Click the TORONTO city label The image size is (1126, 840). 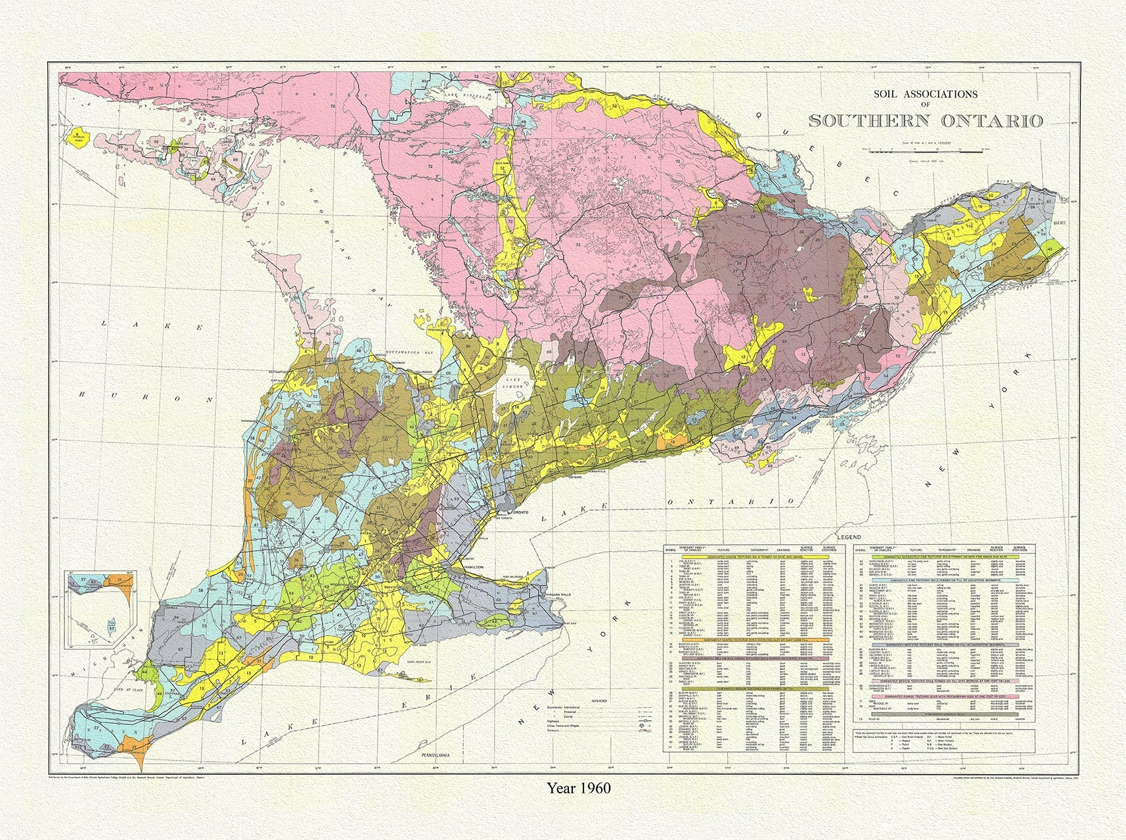523,511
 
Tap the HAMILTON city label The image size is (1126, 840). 474,566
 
